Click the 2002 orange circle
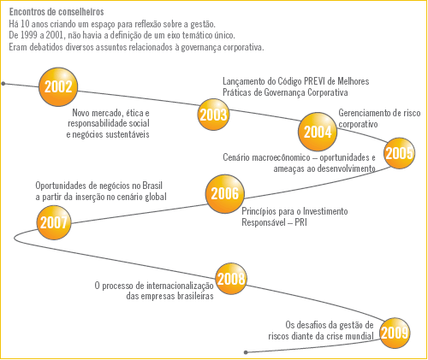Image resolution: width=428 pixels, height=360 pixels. [x=58, y=87]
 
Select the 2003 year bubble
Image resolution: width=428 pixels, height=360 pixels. [x=213, y=115]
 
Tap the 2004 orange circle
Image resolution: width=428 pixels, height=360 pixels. [x=318, y=132]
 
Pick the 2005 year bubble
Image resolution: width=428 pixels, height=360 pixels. [x=399, y=153]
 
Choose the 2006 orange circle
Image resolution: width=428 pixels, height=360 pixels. [x=225, y=194]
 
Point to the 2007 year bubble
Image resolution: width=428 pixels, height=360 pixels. [x=54, y=222]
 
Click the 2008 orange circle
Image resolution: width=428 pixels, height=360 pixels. [x=231, y=279]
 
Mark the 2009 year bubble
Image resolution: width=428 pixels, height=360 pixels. [x=395, y=333]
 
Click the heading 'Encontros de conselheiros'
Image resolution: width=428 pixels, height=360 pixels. [x=56, y=12]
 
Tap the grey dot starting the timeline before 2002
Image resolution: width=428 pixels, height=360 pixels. [x=3, y=84]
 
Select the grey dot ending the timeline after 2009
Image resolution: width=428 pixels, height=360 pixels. [x=246, y=352]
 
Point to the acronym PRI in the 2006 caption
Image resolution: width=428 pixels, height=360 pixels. [x=300, y=222]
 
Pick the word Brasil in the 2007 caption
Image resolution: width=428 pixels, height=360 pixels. [x=152, y=186]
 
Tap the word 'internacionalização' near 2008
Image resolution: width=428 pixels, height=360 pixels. [x=180, y=286]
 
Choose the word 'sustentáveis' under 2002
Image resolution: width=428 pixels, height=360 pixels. [x=128, y=134]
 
